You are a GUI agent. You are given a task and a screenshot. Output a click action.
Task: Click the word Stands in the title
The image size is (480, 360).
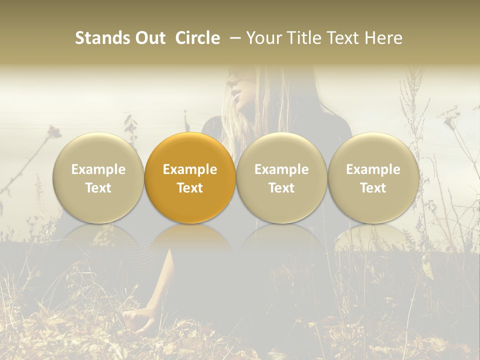pyautogui.click(x=102, y=38)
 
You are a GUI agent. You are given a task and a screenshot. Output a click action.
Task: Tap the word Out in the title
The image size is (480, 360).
pyautogui.click(x=148, y=38)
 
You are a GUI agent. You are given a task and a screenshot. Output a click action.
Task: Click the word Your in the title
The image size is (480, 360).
pyautogui.click(x=263, y=38)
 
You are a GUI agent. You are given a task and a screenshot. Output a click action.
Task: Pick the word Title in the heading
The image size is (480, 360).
pyautogui.click(x=299, y=38)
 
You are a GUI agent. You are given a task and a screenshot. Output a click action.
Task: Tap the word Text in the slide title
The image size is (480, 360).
pyautogui.click(x=340, y=38)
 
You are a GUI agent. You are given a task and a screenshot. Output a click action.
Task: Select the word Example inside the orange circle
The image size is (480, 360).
pyautogui.click(x=190, y=169)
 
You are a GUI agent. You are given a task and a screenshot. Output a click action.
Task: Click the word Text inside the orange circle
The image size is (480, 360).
pyautogui.click(x=190, y=188)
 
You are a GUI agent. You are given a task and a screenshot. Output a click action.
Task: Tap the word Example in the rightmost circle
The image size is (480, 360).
pyautogui.click(x=373, y=169)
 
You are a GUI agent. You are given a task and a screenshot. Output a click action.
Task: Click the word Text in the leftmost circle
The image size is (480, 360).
pyautogui.click(x=98, y=188)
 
